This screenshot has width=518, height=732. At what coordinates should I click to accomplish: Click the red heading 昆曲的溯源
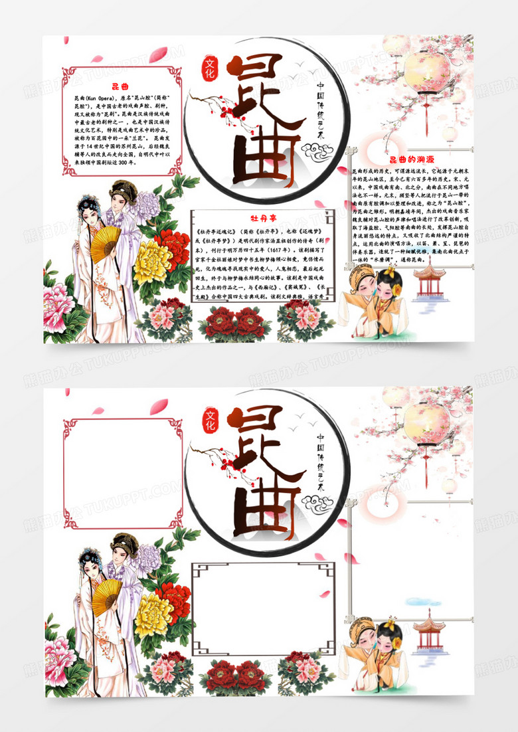(x=410, y=159)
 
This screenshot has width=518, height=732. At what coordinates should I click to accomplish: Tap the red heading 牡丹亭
(x=262, y=218)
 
